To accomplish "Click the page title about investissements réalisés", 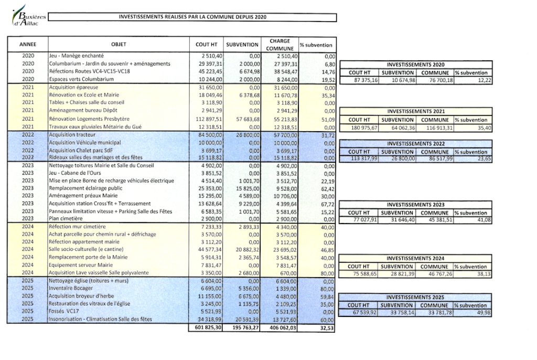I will (x=192, y=17).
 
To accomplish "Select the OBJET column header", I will (x=119, y=45).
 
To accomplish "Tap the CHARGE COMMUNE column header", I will (x=280, y=45).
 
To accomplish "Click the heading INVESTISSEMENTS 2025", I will (x=416, y=297).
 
